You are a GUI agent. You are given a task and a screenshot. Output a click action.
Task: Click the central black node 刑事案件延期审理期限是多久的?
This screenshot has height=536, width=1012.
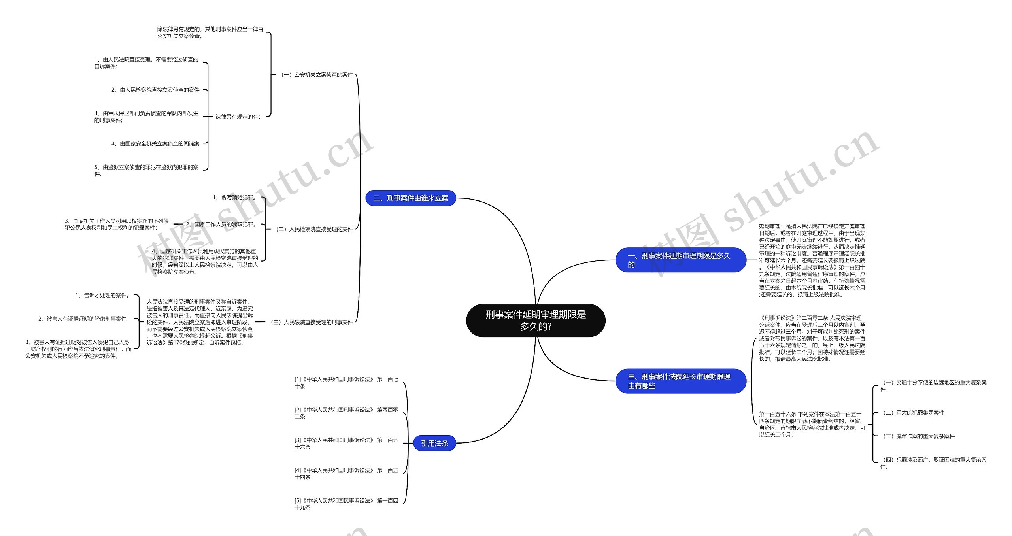point(536,320)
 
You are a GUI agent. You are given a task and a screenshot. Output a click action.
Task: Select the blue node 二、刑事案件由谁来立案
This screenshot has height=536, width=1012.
point(411,198)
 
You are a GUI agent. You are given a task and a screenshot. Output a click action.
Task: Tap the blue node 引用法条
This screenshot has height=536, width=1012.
point(434,443)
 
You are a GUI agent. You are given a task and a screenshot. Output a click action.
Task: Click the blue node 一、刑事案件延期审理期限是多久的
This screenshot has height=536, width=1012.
point(680,260)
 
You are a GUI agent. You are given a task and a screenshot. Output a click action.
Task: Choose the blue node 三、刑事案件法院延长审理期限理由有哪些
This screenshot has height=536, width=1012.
point(680,381)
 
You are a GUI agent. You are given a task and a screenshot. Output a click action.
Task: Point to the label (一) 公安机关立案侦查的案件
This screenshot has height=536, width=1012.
point(317,75)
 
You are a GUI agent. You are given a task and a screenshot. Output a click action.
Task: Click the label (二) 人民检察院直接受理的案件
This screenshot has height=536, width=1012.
point(314,229)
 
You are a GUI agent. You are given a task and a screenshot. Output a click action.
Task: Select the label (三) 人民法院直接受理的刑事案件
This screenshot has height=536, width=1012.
point(312,322)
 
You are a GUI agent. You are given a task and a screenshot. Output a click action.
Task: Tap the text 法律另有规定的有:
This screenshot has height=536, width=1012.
point(238,117)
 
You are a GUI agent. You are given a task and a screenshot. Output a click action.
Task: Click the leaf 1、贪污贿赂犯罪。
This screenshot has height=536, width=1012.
point(234,197)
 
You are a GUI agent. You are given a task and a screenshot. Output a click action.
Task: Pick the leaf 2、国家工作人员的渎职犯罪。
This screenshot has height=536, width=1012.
point(222,224)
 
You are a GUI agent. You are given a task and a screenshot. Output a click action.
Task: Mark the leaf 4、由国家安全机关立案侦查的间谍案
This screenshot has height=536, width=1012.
point(156,143)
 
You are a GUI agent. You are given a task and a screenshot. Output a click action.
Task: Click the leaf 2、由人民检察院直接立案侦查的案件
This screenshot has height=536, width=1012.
point(156,90)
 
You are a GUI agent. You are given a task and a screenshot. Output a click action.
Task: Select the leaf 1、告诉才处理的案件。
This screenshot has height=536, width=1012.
point(103,295)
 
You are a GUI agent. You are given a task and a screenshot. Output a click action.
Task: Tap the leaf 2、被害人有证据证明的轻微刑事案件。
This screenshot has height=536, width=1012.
point(84,319)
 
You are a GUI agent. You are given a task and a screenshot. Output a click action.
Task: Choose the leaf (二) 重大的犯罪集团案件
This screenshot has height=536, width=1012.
point(913,413)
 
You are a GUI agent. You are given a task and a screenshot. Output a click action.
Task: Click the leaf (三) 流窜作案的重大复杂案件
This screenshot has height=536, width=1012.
point(918,436)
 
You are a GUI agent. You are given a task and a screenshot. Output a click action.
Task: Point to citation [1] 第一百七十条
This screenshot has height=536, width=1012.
point(346,383)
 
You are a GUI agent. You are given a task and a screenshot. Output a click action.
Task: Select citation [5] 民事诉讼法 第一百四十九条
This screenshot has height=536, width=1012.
point(346,504)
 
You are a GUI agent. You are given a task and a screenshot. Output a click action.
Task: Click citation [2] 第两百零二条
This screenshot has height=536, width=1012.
point(346,413)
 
